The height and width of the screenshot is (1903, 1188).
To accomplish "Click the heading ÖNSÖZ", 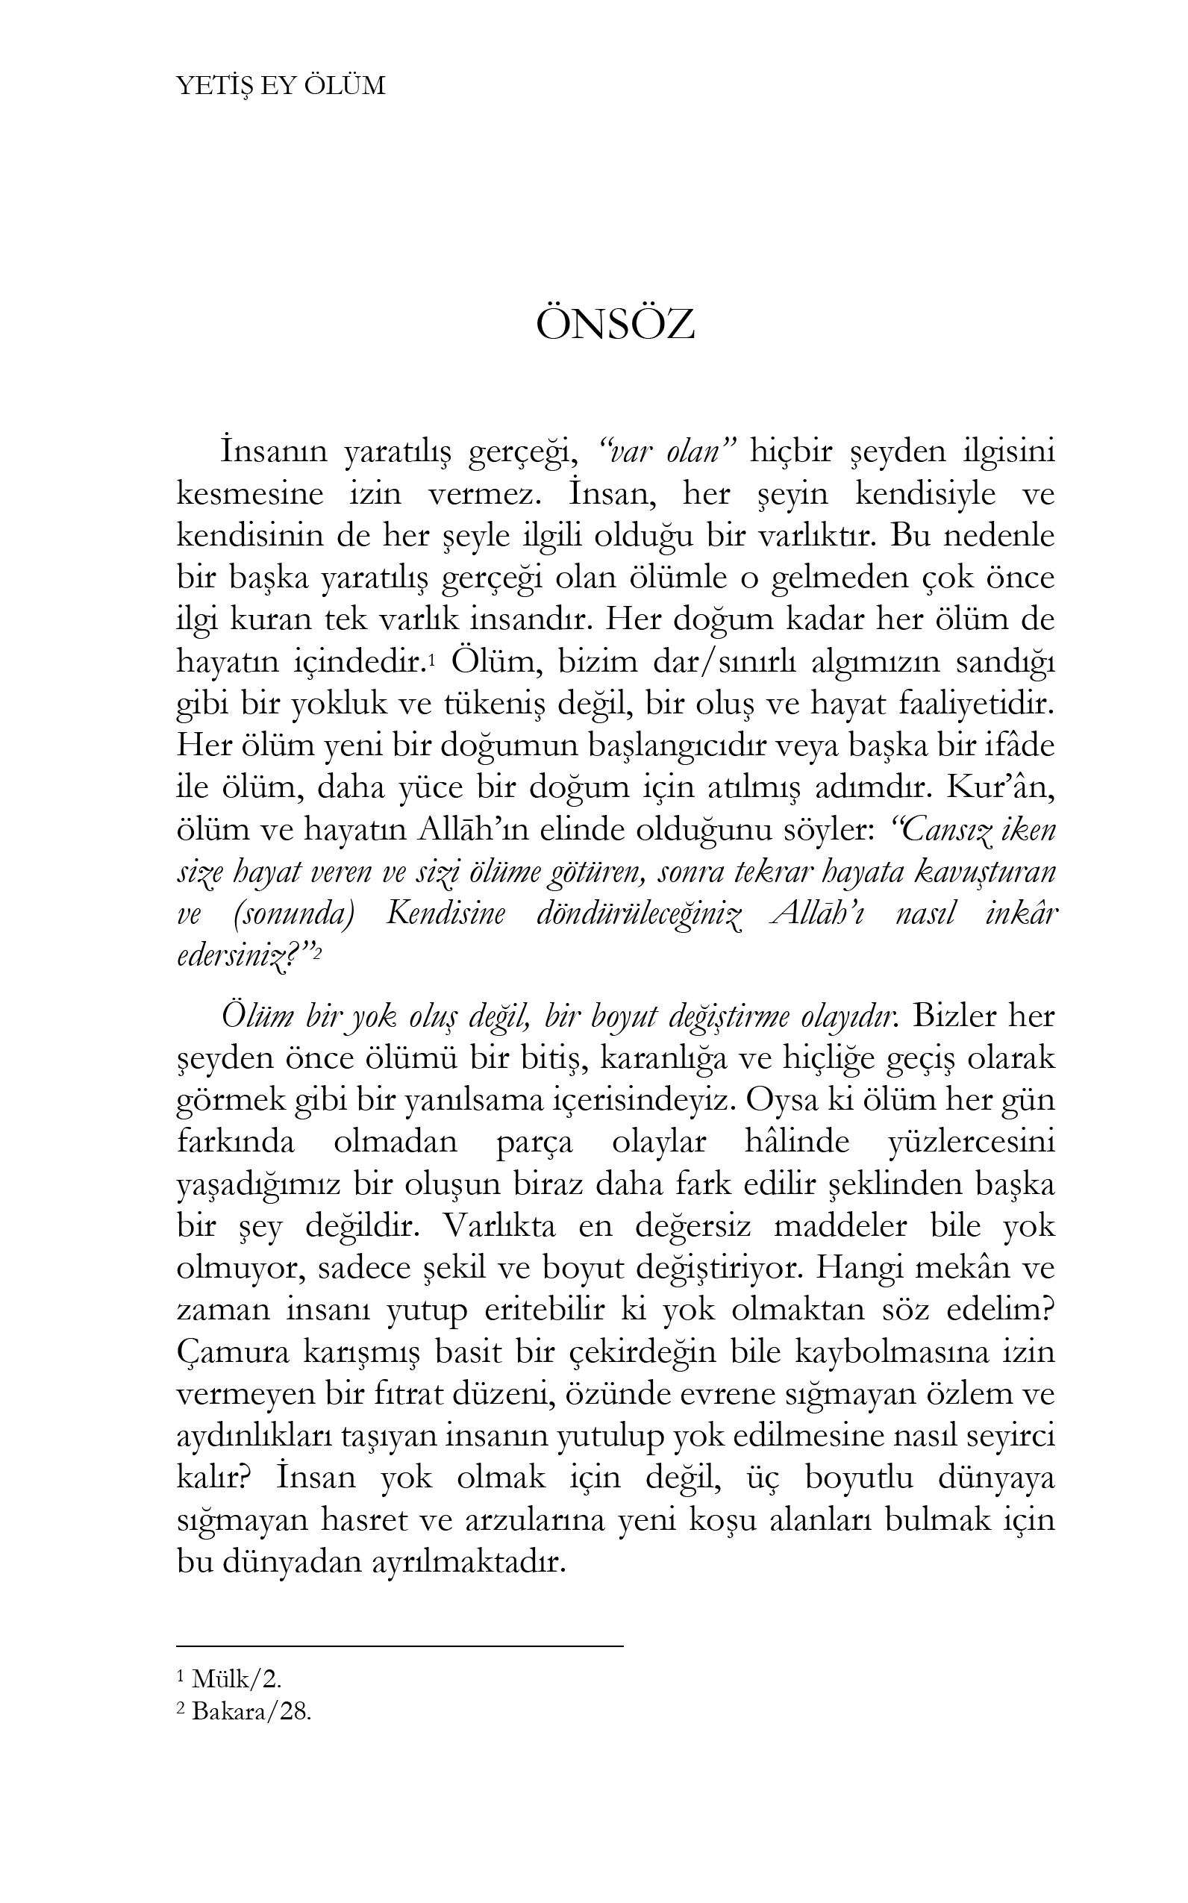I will [615, 326].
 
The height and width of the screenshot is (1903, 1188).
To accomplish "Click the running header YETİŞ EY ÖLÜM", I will [281, 86].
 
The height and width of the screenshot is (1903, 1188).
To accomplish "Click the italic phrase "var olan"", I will [666, 453].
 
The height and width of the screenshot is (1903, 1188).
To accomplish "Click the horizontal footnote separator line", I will [399, 1645].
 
